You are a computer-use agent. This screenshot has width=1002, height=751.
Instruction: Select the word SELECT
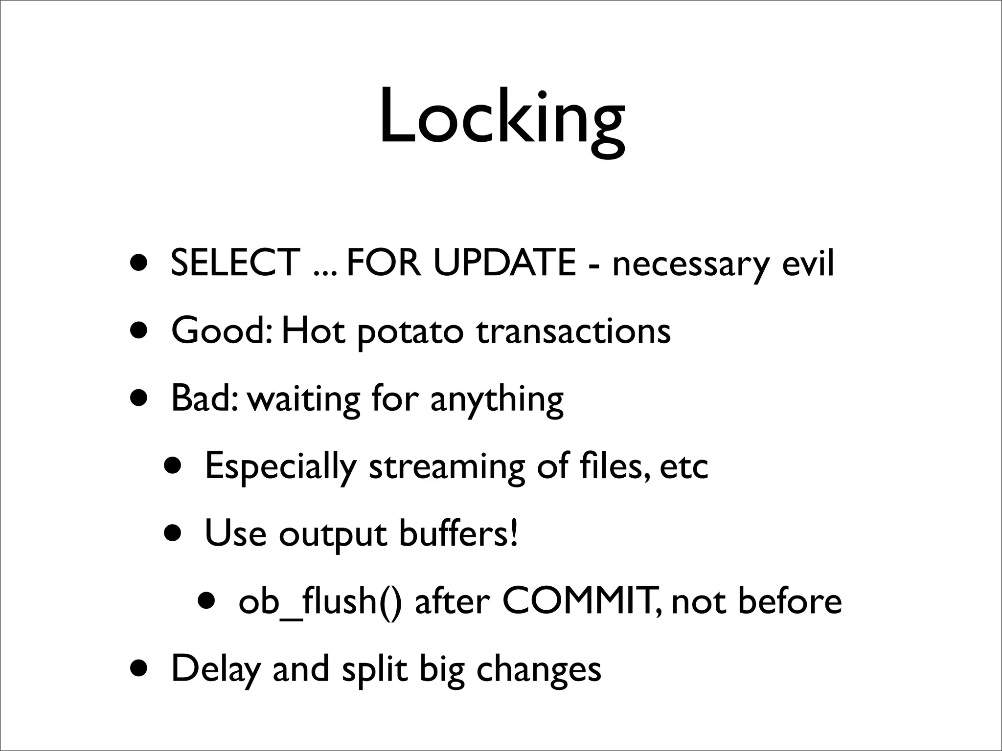coord(235,263)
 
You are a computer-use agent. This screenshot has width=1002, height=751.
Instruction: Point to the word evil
coord(808,263)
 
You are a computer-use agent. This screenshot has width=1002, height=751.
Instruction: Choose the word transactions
coord(573,331)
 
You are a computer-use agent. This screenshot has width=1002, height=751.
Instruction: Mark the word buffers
coord(457,533)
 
